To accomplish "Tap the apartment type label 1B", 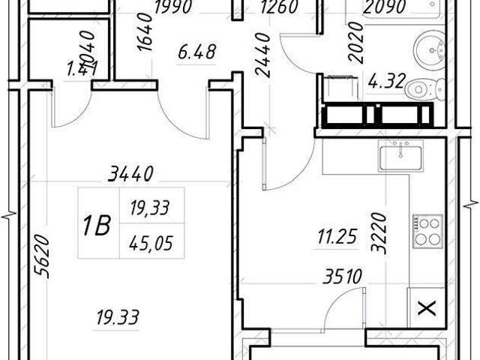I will coord(97,223).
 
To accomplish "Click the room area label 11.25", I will coord(331,240).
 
